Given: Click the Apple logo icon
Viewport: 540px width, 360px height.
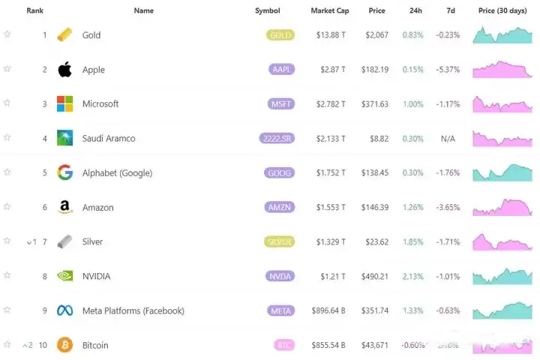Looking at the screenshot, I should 64,70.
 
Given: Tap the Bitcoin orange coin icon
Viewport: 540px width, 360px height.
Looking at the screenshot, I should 64,345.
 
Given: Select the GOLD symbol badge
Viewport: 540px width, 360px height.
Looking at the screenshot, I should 280,35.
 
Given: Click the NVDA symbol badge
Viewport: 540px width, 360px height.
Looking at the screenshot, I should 280,276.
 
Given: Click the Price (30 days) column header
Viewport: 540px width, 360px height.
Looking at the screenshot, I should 503,10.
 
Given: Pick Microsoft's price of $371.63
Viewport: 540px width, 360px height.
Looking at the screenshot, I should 374,104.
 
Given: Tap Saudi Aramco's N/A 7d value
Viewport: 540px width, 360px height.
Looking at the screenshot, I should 448,139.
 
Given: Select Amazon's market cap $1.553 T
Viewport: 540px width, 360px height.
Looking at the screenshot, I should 331,207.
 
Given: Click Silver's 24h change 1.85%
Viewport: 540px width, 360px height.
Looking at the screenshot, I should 412,241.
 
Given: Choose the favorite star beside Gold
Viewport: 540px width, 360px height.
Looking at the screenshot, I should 7,34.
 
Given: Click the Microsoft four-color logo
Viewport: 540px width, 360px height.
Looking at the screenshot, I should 64,103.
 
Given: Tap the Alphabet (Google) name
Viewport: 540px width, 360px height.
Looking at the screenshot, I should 117,173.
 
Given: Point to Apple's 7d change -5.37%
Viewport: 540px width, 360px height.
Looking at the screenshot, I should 448,70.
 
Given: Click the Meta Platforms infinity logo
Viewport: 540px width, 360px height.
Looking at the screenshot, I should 64,310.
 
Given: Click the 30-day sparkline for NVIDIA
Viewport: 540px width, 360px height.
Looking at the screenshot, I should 502,276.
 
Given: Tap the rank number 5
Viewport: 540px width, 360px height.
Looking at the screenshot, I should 44,173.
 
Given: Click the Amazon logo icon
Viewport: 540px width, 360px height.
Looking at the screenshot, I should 64,207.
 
